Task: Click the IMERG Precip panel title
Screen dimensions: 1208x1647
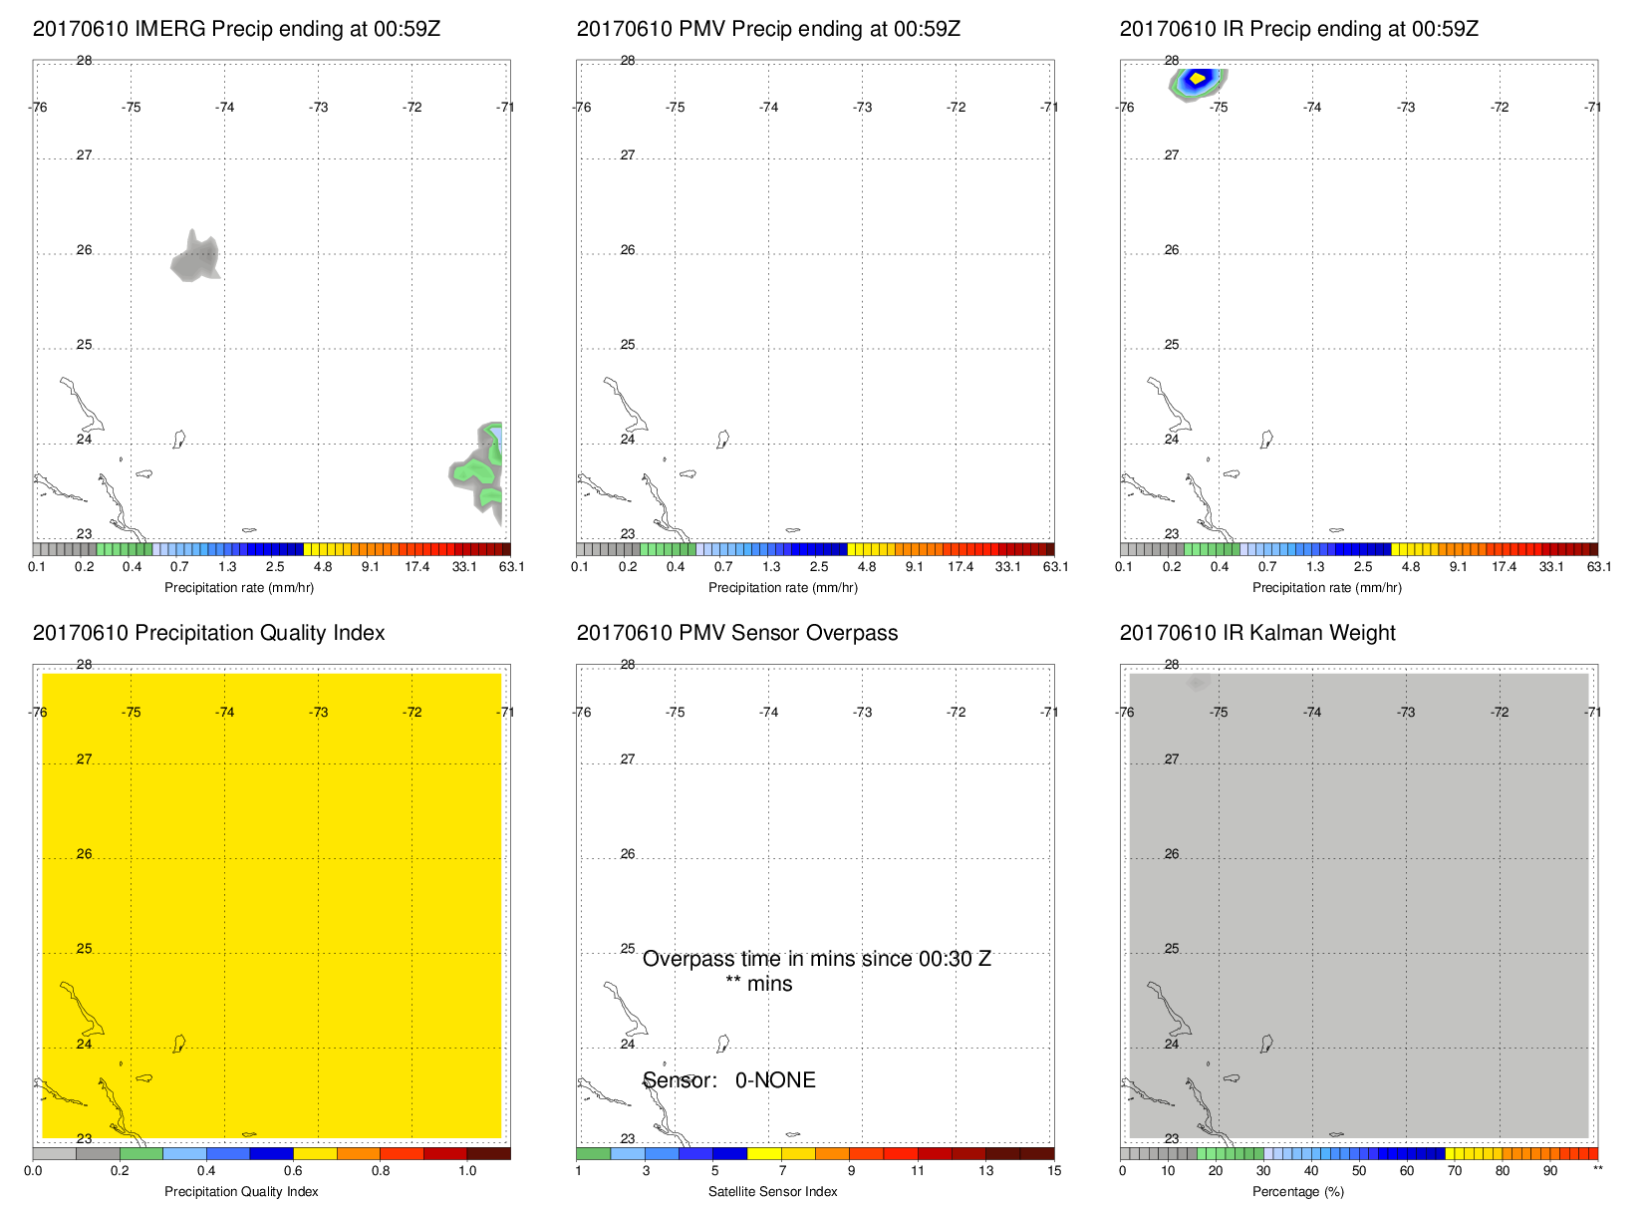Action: [x=236, y=29]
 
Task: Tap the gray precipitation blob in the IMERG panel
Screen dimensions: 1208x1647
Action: [x=195, y=258]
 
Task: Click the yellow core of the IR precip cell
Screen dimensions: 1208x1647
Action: [x=1198, y=78]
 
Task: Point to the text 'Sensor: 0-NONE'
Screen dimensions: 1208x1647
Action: [x=729, y=1080]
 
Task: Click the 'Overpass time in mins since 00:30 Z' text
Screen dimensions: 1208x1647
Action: [x=816, y=959]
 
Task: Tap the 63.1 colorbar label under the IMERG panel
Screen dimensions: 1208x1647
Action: [x=511, y=567]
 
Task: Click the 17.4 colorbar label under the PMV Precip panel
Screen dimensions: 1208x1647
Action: [x=961, y=567]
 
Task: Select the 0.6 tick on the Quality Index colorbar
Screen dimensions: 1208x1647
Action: [x=293, y=1171]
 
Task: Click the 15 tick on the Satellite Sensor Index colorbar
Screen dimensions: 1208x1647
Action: [x=1054, y=1171]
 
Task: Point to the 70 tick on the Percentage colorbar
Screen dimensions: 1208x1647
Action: [x=1455, y=1171]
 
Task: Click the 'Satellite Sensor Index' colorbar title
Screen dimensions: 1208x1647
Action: [x=772, y=1192]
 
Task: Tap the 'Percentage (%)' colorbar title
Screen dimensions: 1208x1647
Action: [x=1298, y=1192]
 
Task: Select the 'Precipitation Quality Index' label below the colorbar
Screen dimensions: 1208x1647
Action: [x=241, y=1192]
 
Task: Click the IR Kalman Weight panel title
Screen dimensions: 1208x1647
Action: [x=1257, y=633]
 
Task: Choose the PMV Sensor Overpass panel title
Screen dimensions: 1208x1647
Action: [x=737, y=633]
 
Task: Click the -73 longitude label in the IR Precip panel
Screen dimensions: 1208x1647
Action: [x=1406, y=108]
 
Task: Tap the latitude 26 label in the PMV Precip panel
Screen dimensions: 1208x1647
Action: [x=628, y=250]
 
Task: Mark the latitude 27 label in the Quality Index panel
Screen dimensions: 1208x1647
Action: [x=84, y=759]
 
